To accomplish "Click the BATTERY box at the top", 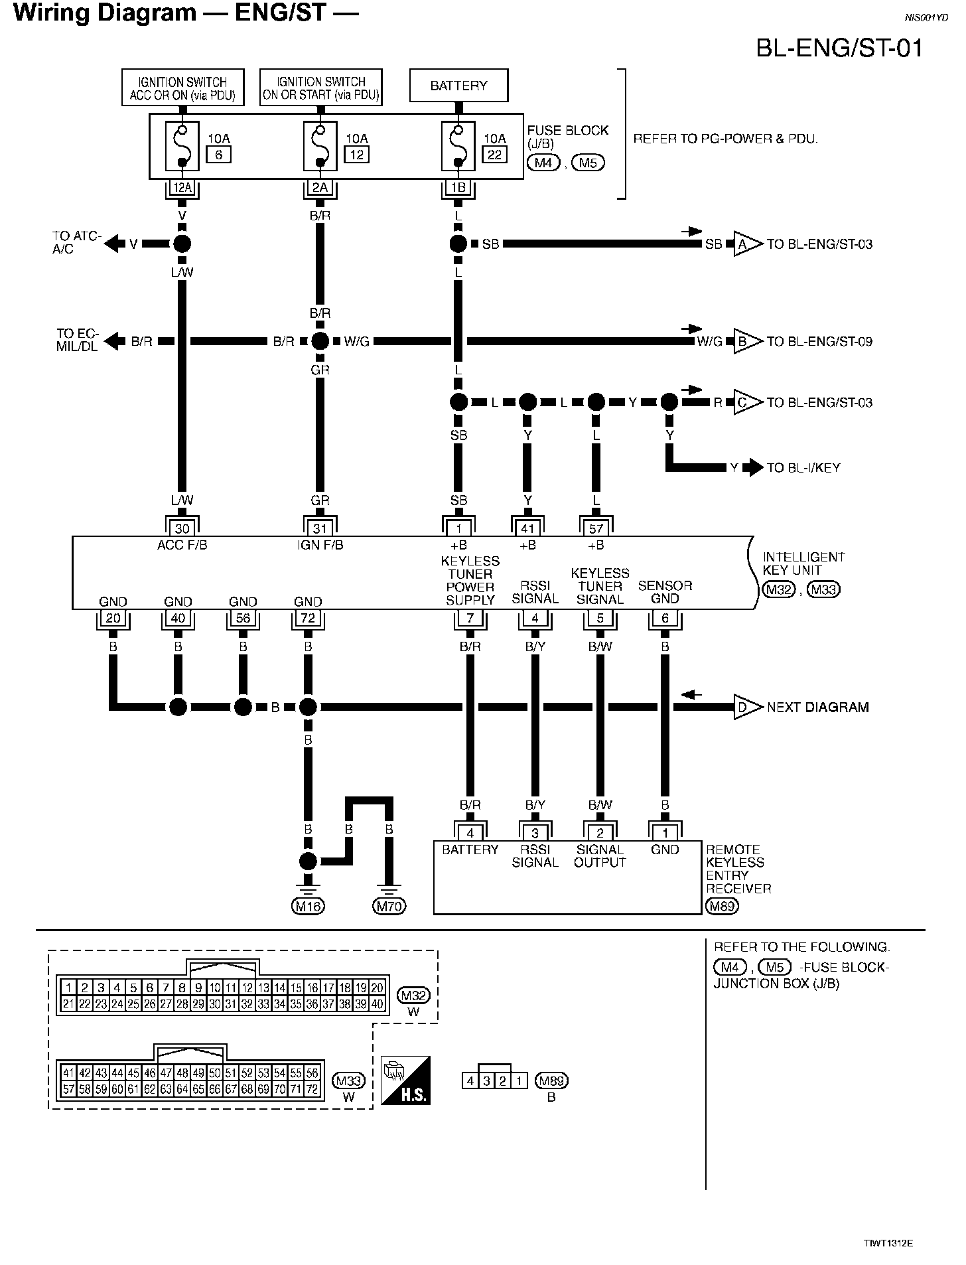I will click(x=458, y=86).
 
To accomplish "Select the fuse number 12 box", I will click(x=356, y=155).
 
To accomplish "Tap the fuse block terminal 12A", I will click(x=182, y=188).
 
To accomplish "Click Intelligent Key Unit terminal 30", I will click(x=182, y=529).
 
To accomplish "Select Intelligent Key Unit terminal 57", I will click(x=596, y=529).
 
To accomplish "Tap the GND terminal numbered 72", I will click(x=308, y=619).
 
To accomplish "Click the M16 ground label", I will click(x=308, y=906).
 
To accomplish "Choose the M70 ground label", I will click(x=389, y=906).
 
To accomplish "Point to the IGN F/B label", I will click(x=320, y=546).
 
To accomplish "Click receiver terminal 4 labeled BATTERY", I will click(x=470, y=833).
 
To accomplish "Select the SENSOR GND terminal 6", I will click(x=665, y=619).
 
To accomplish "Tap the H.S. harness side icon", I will click(x=405, y=1080).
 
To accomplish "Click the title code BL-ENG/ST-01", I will click(x=840, y=48).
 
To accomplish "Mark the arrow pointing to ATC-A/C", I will click(x=113, y=244).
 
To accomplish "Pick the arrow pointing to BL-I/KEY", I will click(x=753, y=468).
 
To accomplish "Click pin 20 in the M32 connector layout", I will click(x=377, y=988).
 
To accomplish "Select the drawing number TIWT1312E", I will click(x=888, y=1243).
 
